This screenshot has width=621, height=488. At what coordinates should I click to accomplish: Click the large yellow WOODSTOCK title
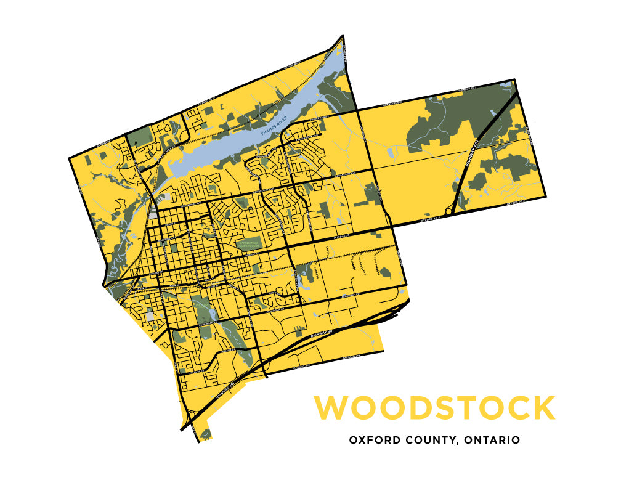(434, 409)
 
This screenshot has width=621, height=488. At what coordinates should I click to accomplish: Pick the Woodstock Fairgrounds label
(250, 243)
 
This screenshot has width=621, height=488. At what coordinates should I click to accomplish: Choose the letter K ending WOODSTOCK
(543, 409)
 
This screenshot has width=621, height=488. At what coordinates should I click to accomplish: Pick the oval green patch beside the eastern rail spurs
(385, 272)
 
